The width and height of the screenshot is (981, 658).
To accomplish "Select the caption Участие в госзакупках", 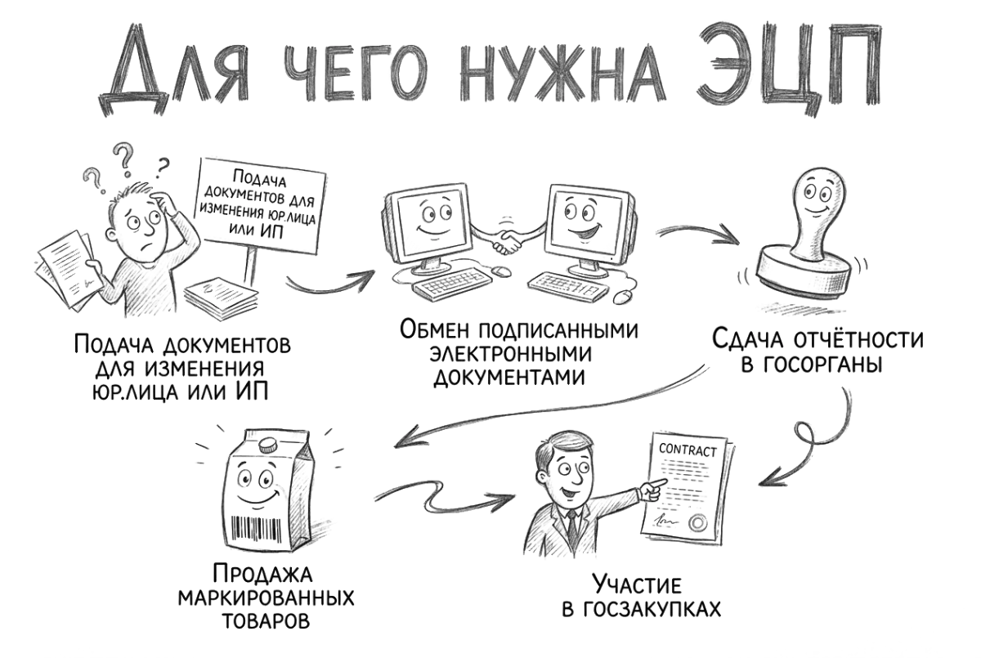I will pyautogui.click(x=642, y=597).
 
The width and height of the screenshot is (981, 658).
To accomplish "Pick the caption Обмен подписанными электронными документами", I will pyautogui.click(x=518, y=353).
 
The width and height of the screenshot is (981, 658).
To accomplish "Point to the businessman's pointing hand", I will pyautogui.click(x=653, y=490).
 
